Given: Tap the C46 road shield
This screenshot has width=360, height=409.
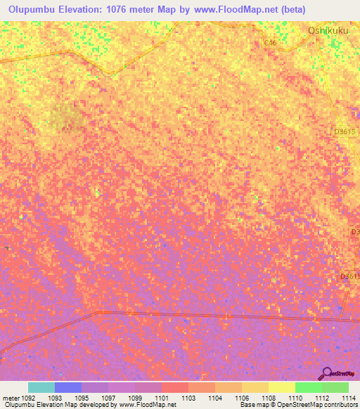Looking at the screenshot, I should pyautogui.click(x=271, y=43).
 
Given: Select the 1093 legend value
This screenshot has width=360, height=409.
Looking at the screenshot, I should pyautogui.click(x=55, y=397).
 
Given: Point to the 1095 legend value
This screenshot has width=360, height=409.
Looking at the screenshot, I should pyautogui.click(x=82, y=397).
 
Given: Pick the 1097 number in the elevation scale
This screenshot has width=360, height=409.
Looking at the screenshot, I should pyautogui.click(x=108, y=397).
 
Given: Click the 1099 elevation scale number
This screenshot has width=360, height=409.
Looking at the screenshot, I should pyautogui.click(x=135, y=397).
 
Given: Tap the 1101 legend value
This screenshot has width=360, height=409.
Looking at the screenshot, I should pyautogui.click(x=162, y=397).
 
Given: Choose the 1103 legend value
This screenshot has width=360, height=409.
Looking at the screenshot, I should pyautogui.click(x=188, y=397).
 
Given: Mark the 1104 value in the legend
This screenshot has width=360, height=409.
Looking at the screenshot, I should pyautogui.click(x=215, y=397).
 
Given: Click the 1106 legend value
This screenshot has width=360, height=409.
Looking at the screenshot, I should pyautogui.click(x=242, y=397).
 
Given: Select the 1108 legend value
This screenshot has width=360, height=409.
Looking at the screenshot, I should pyautogui.click(x=269, y=397).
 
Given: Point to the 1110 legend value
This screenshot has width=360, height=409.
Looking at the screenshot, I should pyautogui.click(x=295, y=397).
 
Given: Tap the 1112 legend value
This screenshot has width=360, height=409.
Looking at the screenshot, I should pyautogui.click(x=322, y=397).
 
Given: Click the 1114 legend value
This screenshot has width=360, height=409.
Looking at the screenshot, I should pyautogui.click(x=347, y=397).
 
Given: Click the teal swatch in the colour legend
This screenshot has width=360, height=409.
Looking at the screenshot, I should pyautogui.click(x=41, y=387).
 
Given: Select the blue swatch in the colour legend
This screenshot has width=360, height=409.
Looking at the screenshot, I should pyautogui.click(x=68, y=387).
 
